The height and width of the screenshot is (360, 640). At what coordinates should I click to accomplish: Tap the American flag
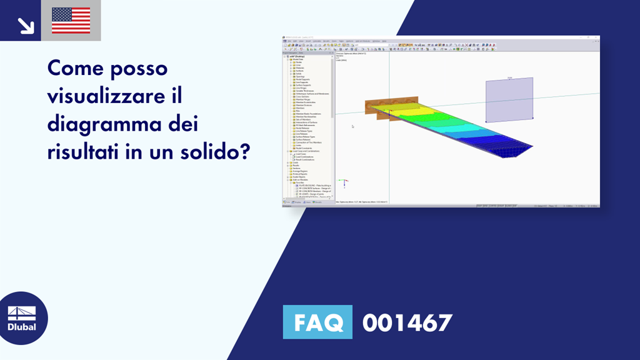point(71,21)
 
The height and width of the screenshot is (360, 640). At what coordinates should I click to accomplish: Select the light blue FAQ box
point(317,322)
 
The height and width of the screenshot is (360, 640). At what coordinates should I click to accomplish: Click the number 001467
point(407,322)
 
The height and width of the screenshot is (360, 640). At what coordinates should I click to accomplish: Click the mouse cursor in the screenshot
point(352,127)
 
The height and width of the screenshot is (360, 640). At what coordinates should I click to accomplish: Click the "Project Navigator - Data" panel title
point(306,52)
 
